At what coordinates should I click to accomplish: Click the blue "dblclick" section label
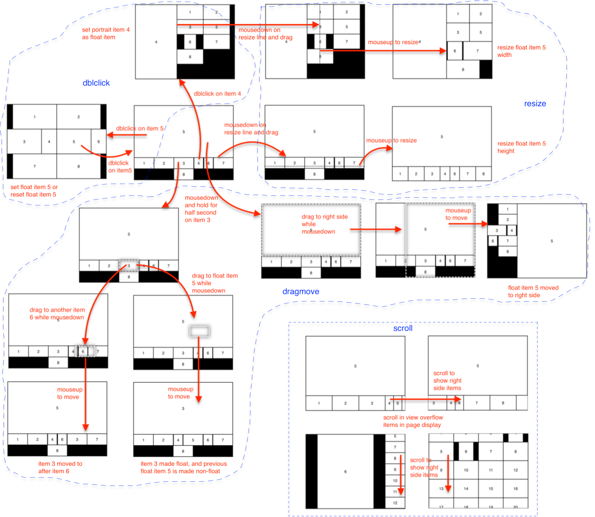coord(96,83)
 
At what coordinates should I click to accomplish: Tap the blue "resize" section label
coord(535,104)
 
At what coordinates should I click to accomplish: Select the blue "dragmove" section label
coord(301,291)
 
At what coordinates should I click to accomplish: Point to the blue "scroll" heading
coord(403,328)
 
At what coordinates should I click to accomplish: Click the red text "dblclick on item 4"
coord(217,93)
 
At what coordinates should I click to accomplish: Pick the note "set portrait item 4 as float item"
coord(105,33)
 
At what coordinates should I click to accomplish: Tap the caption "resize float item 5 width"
coord(521,51)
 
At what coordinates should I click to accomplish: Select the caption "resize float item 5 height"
coord(521,147)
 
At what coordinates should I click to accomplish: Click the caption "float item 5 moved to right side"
coord(533,291)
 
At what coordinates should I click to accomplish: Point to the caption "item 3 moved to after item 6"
coord(60,467)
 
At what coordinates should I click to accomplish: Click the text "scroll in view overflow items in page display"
coord(413,421)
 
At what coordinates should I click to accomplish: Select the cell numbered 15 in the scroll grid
coord(491,489)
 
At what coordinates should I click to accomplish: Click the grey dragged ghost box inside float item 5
coord(199,331)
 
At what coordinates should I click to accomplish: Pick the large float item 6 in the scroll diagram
coord(345,471)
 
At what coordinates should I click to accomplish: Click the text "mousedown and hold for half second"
coord(201,209)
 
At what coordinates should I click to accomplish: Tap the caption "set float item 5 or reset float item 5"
coord(34,191)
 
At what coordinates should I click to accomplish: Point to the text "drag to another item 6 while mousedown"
coord(57,313)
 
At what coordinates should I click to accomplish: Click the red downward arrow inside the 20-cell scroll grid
coord(448,474)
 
